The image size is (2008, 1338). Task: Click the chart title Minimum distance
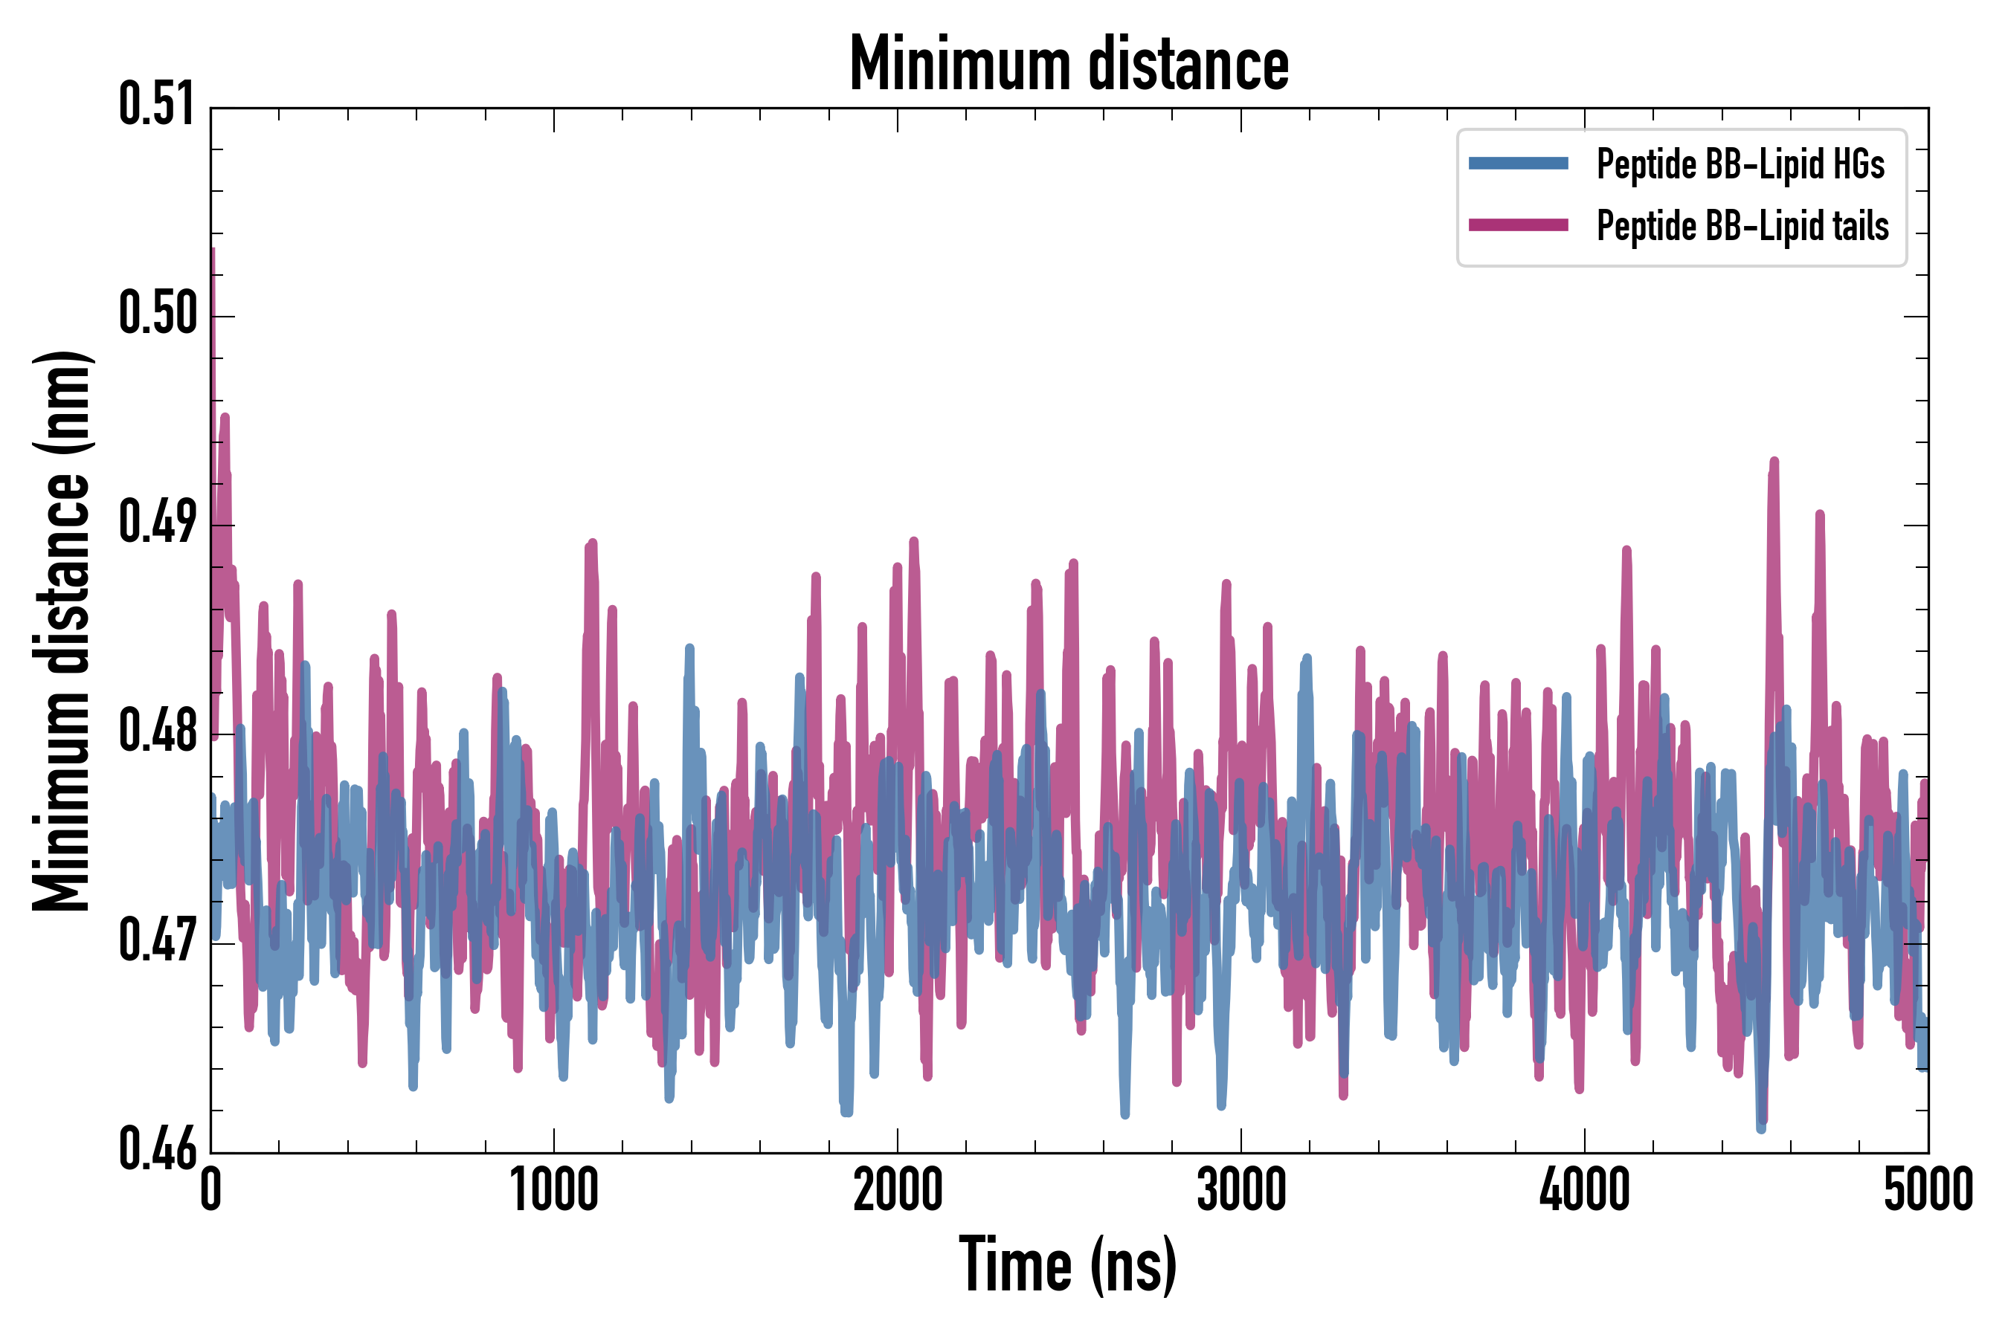pyautogui.click(x=1069, y=64)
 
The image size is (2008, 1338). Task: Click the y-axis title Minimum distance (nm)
pyautogui.click(x=62, y=631)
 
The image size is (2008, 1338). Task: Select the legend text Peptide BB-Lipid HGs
pyautogui.click(x=1740, y=164)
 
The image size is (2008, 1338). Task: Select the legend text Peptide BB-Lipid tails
pyautogui.click(x=1742, y=226)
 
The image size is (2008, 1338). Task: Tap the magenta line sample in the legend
pyautogui.click(x=1518, y=225)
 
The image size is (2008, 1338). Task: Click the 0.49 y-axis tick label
pyautogui.click(x=157, y=523)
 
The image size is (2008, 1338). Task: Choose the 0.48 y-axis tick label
pyautogui.click(x=157, y=731)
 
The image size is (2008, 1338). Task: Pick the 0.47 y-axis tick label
pyautogui.click(x=157, y=940)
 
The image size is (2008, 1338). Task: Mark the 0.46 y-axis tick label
pyautogui.click(x=157, y=1149)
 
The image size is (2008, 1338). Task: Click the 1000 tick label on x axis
pyautogui.click(x=554, y=1190)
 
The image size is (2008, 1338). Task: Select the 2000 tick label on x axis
pyautogui.click(x=898, y=1190)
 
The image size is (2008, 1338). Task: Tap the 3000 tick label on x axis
pyautogui.click(x=1240, y=1190)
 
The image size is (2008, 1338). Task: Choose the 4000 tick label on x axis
pyautogui.click(x=1583, y=1190)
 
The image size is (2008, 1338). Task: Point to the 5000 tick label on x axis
pyautogui.click(x=1928, y=1190)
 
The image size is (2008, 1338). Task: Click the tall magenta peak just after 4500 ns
pyautogui.click(x=1774, y=463)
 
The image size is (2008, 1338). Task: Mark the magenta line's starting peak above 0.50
pyautogui.click(x=212, y=253)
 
